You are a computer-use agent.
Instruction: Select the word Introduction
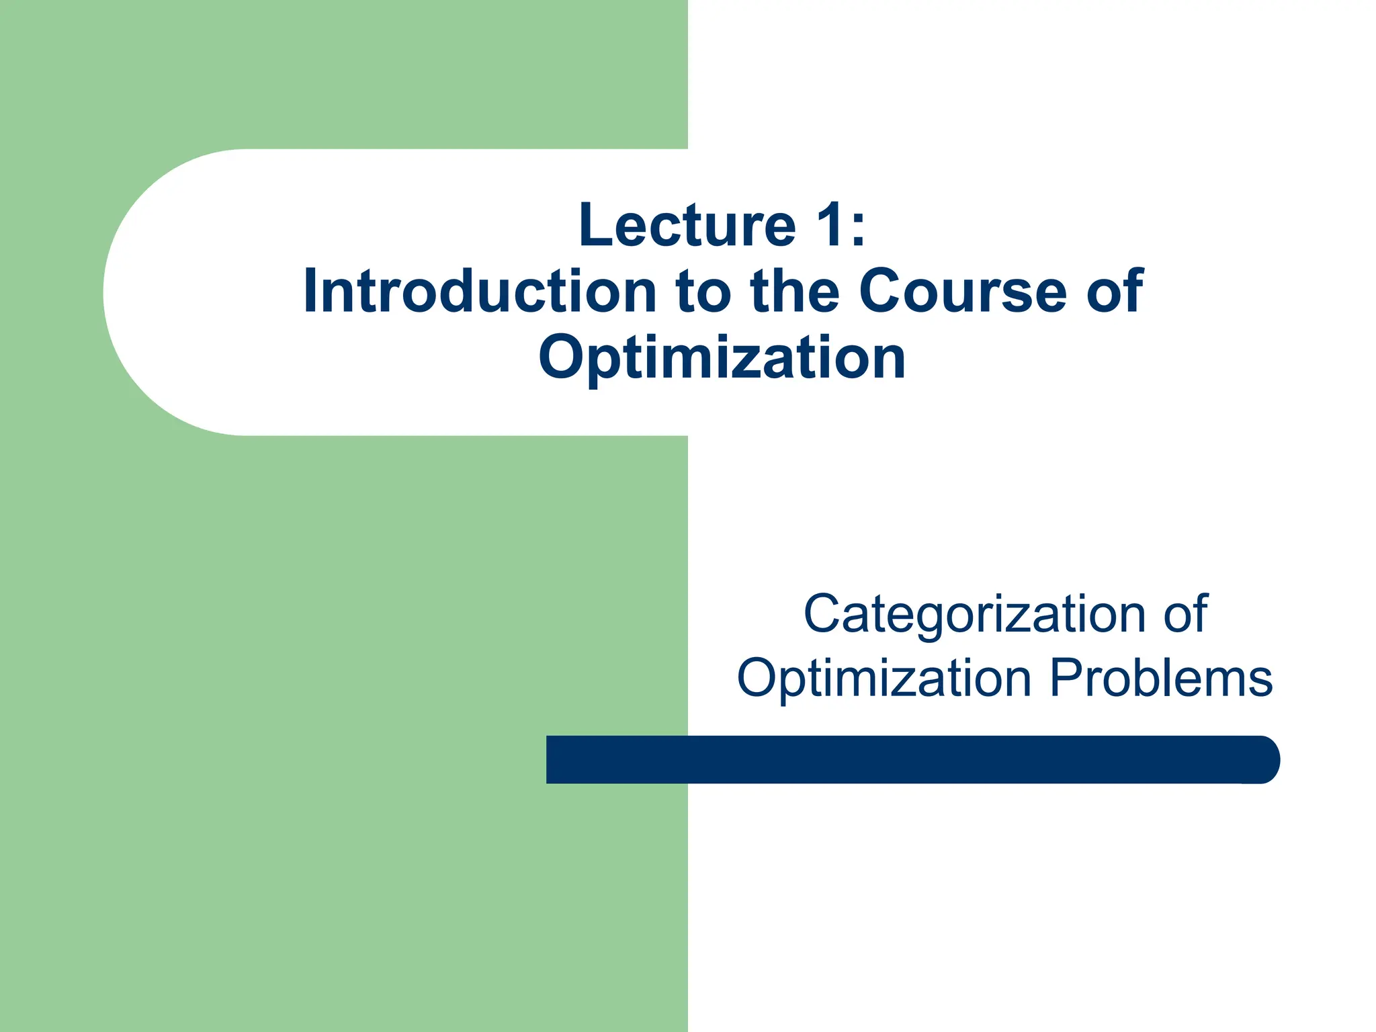[x=479, y=292]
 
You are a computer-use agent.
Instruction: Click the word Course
[x=962, y=292]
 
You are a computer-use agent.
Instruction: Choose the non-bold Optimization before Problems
[x=884, y=679]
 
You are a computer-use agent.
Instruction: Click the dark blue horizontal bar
[x=907, y=760]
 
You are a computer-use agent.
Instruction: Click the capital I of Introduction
[x=310, y=292]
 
